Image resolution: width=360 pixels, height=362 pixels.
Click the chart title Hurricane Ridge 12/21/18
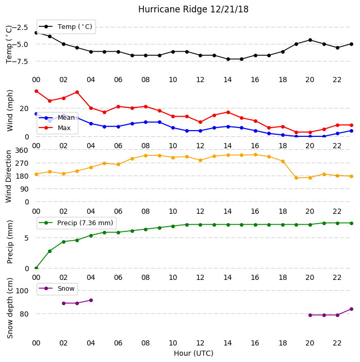pyautogui.click(x=193, y=9)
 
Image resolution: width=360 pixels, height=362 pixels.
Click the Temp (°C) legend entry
pyautogui.click(x=66, y=27)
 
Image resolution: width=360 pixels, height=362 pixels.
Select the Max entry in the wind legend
pyautogui.click(x=55, y=128)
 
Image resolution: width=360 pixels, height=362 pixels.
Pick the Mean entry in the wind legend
pyautogui.click(x=57, y=118)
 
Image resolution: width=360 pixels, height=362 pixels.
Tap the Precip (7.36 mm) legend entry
pyautogui.click(x=76, y=223)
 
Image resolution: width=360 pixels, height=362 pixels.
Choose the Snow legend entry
pyautogui.click(x=57, y=289)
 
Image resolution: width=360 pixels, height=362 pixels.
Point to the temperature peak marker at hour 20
pyautogui.click(x=310, y=40)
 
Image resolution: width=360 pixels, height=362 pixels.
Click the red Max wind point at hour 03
pyautogui.click(x=77, y=92)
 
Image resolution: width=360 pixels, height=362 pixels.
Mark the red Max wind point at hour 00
pyautogui.click(x=36, y=91)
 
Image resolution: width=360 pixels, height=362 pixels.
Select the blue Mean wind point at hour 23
pyautogui.click(x=351, y=131)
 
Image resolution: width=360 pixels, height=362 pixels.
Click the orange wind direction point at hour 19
pyautogui.click(x=297, y=178)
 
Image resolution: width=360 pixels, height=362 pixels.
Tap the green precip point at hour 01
pyautogui.click(x=50, y=251)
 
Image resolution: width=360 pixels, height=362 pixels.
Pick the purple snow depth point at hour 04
pyautogui.click(x=91, y=301)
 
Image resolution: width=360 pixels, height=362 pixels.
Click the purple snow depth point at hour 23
pyautogui.click(x=351, y=309)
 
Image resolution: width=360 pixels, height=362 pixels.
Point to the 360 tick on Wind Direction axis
pyautogui.click(x=22, y=150)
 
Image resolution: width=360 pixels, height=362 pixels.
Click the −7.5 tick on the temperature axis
pyautogui.click(x=20, y=61)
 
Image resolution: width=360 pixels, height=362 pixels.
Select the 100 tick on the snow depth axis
pyautogui.click(x=22, y=291)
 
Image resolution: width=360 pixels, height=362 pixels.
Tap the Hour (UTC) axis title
pyautogui.click(x=193, y=353)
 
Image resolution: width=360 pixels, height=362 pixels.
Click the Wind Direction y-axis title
pyautogui.click(x=9, y=177)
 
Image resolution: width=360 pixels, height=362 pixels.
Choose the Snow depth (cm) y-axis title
pyautogui.click(x=10, y=308)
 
